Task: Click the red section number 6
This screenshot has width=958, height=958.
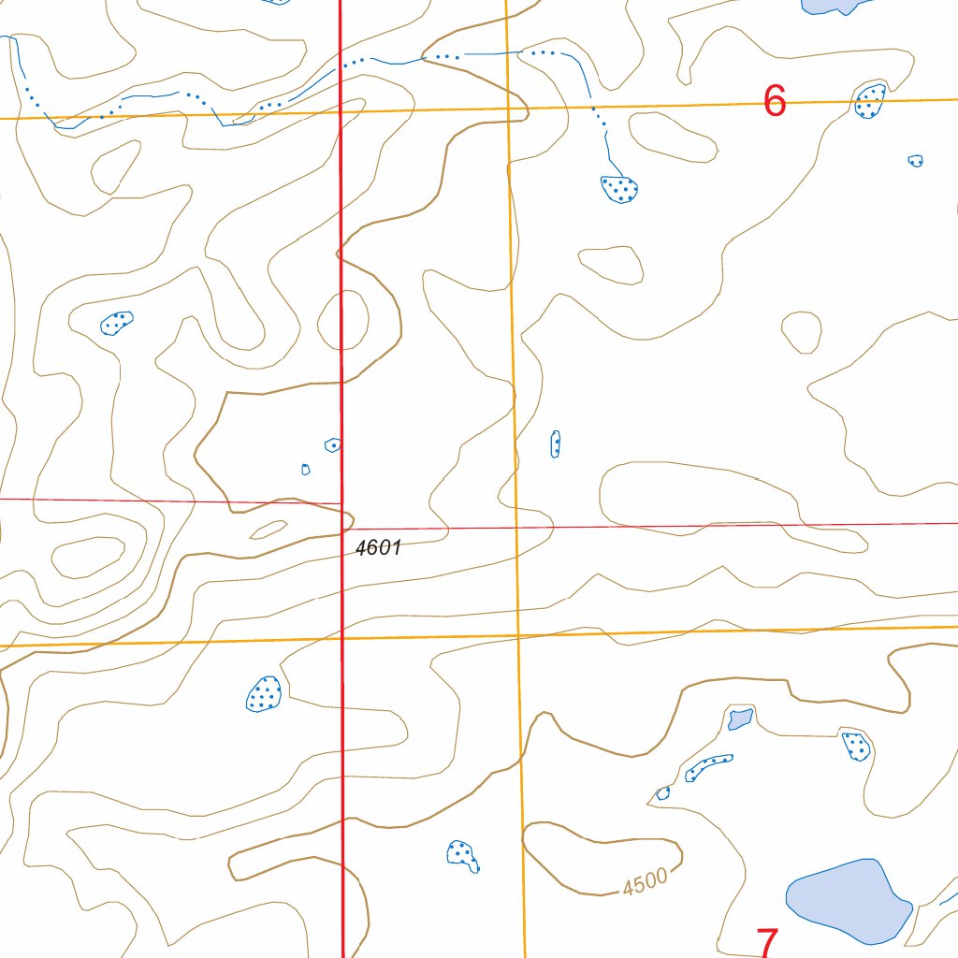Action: click(775, 101)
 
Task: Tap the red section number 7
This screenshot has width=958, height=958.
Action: click(767, 943)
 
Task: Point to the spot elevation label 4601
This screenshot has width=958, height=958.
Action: click(379, 548)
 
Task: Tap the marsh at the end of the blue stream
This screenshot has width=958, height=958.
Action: click(619, 189)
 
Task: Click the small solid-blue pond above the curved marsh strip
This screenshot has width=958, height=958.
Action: click(739, 719)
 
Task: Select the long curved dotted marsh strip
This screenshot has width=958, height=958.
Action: click(708, 767)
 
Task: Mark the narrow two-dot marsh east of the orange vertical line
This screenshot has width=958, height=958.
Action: click(556, 443)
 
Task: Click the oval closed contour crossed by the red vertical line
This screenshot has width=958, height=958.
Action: click(342, 321)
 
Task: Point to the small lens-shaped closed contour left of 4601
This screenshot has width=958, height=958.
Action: click(269, 530)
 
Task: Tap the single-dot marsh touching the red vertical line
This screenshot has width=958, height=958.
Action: click(332, 445)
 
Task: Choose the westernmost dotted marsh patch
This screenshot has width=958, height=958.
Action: click(117, 323)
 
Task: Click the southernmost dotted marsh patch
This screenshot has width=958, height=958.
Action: click(462, 855)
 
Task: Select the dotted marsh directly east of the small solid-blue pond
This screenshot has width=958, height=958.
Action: click(856, 746)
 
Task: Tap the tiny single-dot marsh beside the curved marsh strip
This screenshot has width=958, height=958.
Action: click(663, 793)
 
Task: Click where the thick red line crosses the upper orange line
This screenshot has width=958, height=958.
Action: click(341, 112)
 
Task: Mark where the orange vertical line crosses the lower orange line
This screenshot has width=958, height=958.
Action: click(517, 635)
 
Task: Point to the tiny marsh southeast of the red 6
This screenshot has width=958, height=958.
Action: click(916, 161)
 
